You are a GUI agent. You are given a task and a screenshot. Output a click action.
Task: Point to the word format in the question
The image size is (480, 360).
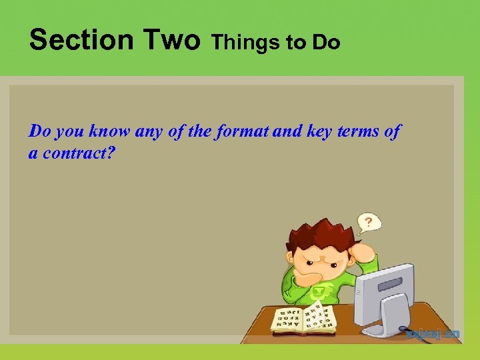pyautogui.click(x=243, y=131)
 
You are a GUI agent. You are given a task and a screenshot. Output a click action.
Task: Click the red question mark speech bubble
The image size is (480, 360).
pyautogui.click(x=367, y=221)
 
